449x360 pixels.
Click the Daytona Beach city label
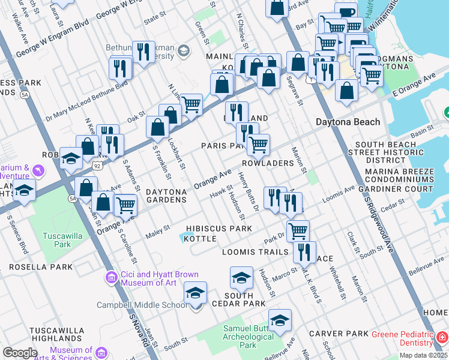click(x=348, y=122)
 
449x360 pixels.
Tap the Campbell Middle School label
click(x=142, y=305)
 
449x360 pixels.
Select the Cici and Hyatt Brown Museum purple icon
click(x=110, y=277)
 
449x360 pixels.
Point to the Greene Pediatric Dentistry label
click(x=402, y=338)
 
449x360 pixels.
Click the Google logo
click(x=20, y=353)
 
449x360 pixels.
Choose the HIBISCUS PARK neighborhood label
click(x=218, y=229)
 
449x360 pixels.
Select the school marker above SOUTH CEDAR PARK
click(x=241, y=277)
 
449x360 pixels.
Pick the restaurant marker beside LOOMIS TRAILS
click(x=305, y=251)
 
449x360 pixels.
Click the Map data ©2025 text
click(x=423, y=355)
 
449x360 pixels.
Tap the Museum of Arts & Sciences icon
click(x=100, y=352)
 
